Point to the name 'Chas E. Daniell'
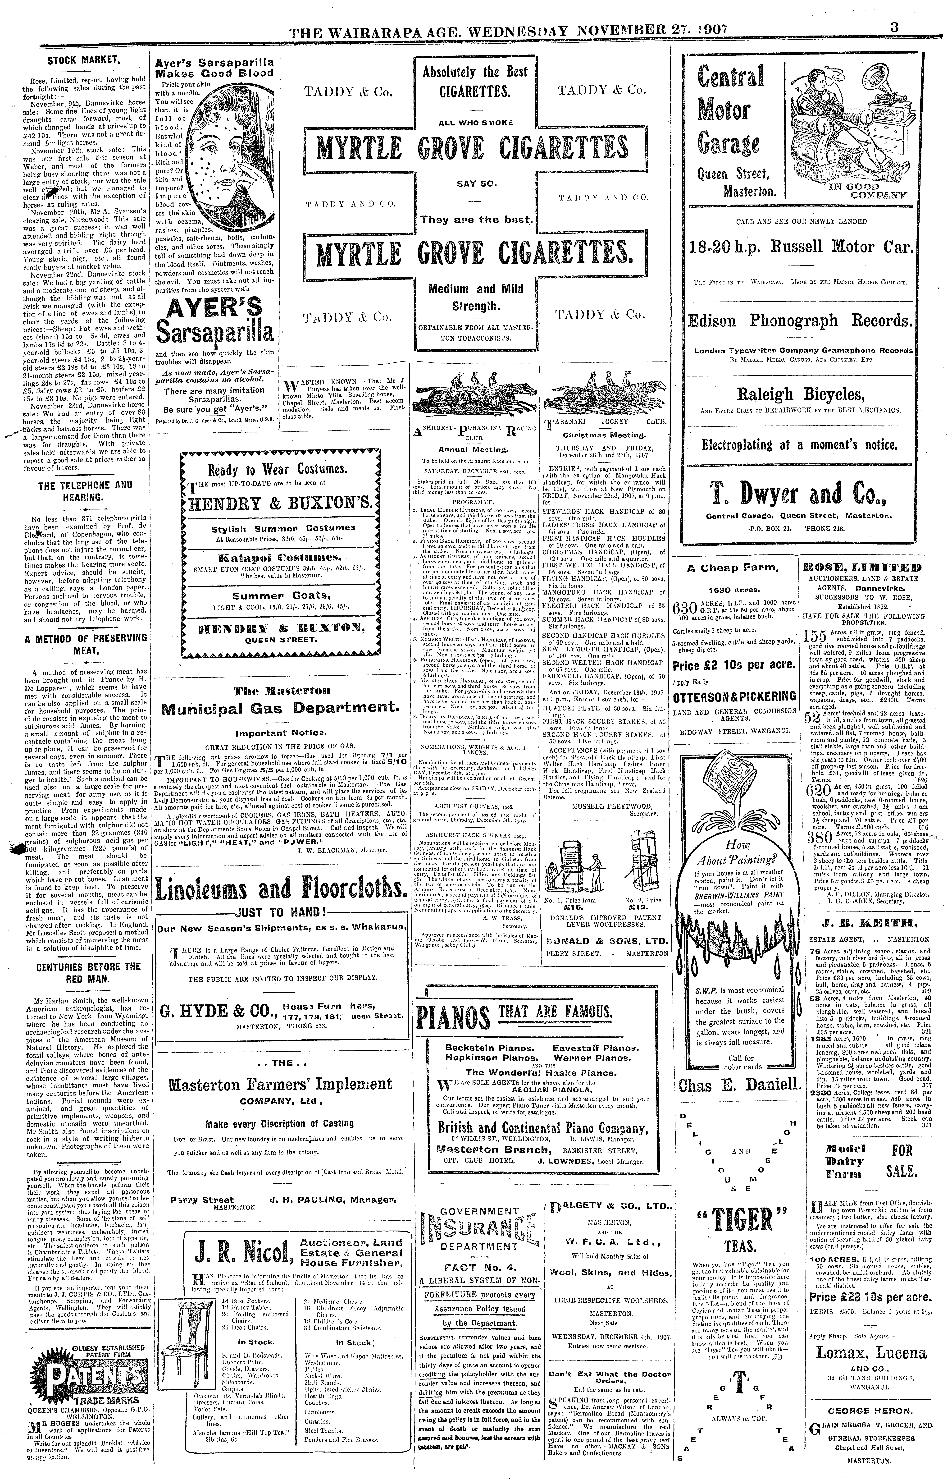[739, 1085]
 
